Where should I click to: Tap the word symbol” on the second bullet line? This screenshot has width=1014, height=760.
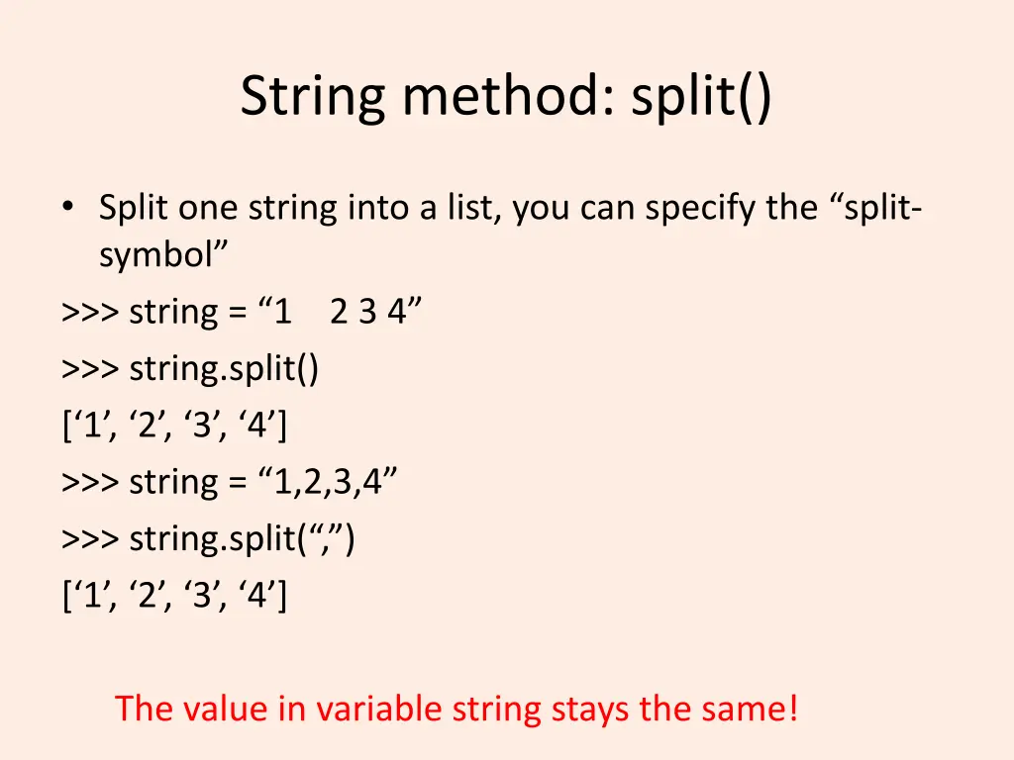tap(163, 255)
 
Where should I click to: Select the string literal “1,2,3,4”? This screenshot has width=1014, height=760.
tap(329, 483)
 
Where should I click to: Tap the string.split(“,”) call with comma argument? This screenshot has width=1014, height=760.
tap(243, 539)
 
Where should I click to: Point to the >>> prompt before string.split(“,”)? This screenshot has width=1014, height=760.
tap(91, 539)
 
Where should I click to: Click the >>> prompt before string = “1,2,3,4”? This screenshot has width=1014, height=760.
tap(91, 483)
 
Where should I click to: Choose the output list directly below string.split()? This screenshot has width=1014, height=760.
tap(174, 427)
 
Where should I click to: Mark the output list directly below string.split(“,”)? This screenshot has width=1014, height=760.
tap(174, 597)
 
